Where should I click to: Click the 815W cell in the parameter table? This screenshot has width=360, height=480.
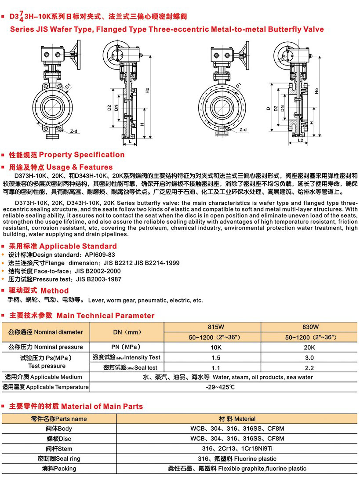pos(212,327)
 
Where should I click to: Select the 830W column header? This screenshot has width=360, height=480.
pos(310,327)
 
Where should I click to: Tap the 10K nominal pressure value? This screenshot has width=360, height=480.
pos(212,347)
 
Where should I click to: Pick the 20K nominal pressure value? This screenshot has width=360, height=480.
pos(310,347)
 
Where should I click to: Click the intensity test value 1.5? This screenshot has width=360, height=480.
pos(212,358)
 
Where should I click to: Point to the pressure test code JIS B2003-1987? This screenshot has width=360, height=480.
pos(99,279)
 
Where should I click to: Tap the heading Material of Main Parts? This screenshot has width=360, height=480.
pos(102,407)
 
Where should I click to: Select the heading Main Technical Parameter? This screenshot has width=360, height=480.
pos(105,316)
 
